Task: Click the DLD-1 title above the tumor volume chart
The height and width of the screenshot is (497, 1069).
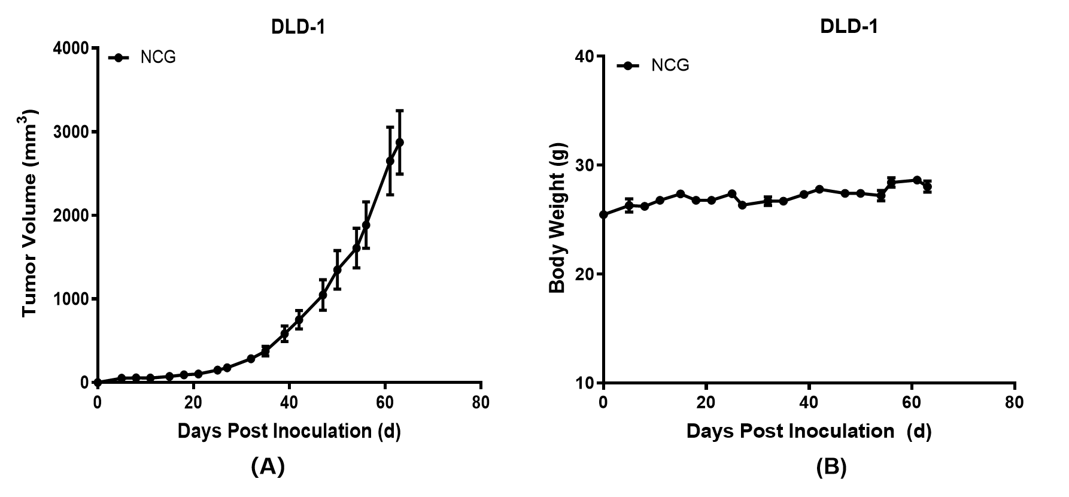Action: coord(297,28)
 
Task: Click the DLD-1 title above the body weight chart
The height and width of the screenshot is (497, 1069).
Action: coord(849,27)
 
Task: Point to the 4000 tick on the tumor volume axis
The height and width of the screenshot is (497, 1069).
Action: coord(70,48)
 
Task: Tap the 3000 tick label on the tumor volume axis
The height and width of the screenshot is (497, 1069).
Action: coord(70,132)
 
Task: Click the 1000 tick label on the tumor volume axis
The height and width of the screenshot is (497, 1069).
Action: coord(70,299)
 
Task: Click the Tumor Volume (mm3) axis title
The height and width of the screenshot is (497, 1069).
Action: coord(30,213)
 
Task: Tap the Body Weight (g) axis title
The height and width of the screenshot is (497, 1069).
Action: coord(557,218)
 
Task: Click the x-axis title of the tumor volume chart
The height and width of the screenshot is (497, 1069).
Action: coord(289,431)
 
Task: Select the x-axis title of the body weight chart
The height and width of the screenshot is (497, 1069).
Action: coord(809,431)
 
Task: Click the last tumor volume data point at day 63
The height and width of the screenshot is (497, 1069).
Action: coord(399,142)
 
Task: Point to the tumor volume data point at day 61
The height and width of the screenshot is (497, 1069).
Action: coord(390,161)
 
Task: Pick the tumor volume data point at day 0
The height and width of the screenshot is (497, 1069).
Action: coord(98,382)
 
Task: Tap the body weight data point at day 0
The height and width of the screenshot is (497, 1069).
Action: coord(603,214)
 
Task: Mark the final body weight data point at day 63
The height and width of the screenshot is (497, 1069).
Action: coord(927,187)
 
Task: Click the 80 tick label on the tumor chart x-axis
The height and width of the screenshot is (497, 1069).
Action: coord(481,402)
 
